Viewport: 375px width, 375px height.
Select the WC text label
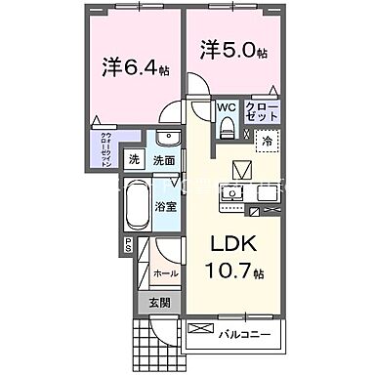(226, 107)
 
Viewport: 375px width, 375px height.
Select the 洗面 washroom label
(164, 160)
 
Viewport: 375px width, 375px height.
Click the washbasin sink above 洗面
(167, 139)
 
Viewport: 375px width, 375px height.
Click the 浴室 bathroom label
(167, 207)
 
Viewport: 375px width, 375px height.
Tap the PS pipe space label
(127, 248)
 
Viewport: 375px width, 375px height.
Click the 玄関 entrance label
(158, 304)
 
